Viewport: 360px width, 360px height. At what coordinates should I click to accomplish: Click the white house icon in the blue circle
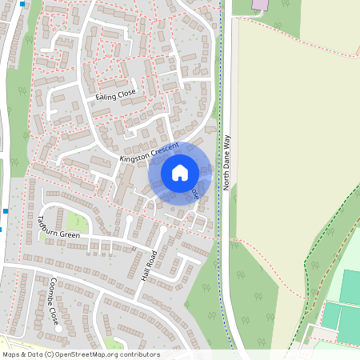pyautogui.click(x=179, y=173)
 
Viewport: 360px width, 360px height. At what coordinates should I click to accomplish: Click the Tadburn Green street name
pyautogui.click(x=58, y=229)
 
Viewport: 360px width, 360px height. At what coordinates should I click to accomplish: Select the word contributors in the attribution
pyautogui.click(x=137, y=354)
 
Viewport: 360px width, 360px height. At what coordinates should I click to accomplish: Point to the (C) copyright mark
pyautogui.click(x=50, y=354)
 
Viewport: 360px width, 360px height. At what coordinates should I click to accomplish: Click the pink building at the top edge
pyautogui.click(x=261, y=4)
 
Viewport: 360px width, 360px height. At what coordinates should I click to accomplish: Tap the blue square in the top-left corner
pyautogui.click(x=22, y=3)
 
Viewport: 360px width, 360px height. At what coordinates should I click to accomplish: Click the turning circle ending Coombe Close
pyautogui.click(x=59, y=328)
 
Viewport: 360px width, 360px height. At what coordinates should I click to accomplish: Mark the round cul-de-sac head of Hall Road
pyautogui.click(x=164, y=230)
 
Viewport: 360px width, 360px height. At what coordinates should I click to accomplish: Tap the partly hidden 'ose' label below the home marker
pyautogui.click(x=194, y=194)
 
